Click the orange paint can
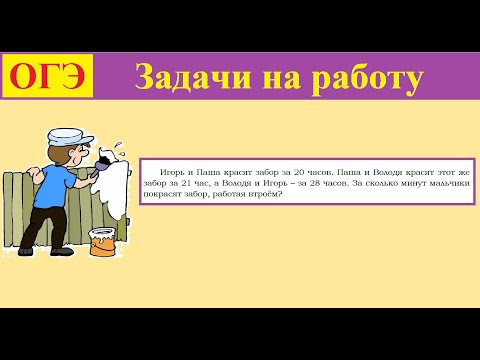[102, 241]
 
